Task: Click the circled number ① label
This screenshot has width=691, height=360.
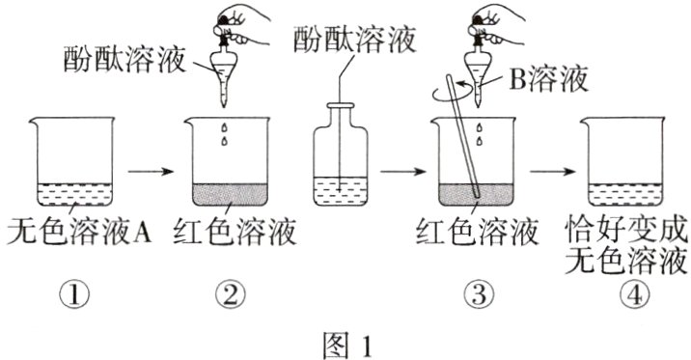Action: pyautogui.click(x=74, y=294)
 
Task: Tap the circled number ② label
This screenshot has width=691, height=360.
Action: pyautogui.click(x=231, y=294)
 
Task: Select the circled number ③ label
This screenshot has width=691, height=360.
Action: pyautogui.click(x=479, y=294)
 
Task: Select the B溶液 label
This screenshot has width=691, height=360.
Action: pyautogui.click(x=548, y=79)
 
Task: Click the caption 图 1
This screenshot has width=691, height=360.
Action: pyautogui.click(x=347, y=345)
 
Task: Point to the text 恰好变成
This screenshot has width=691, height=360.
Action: pyautogui.click(x=626, y=229)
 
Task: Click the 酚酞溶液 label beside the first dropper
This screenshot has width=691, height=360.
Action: pyautogui.click(x=124, y=59)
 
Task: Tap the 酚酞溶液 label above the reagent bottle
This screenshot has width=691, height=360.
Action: pyautogui.click(x=355, y=39)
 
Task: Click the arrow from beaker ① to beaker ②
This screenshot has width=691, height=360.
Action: pyautogui.click(x=151, y=171)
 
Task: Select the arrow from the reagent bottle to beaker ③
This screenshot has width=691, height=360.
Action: pyautogui.click(x=402, y=171)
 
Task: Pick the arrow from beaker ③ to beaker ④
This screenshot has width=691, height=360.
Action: pyautogui.click(x=553, y=171)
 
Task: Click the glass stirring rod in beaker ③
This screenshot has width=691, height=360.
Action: pyautogui.click(x=462, y=136)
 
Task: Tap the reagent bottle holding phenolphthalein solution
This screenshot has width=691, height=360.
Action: pyautogui.click(x=341, y=154)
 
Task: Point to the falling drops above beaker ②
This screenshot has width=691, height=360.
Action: pyautogui.click(x=225, y=134)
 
